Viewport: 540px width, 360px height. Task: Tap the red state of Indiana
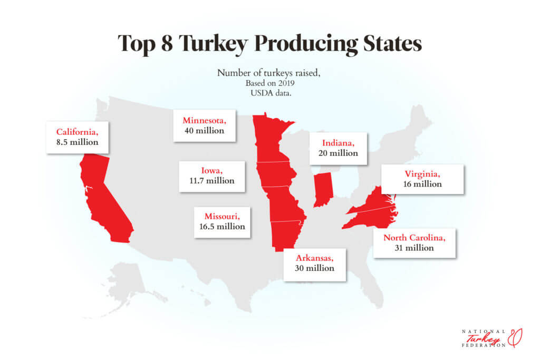322,190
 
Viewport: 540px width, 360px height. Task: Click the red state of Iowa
275,174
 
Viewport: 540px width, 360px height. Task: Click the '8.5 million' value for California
78,142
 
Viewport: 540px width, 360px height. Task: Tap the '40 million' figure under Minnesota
204,130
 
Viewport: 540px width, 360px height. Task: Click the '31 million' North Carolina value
414,248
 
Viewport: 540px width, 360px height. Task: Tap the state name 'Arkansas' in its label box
315,258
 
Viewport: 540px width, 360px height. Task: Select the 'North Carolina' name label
414,238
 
